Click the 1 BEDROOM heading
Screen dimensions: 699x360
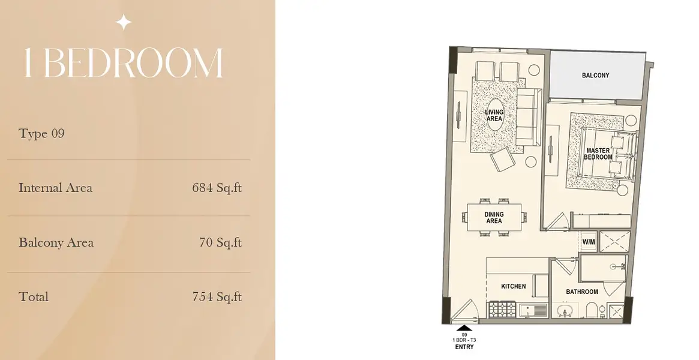124,63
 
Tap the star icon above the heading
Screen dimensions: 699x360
124,22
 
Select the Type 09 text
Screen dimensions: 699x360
41,133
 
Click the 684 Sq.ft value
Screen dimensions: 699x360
217,188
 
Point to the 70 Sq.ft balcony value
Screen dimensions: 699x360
221,242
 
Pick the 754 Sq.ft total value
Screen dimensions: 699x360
217,297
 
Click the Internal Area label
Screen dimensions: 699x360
56,188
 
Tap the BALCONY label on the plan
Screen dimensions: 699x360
596,75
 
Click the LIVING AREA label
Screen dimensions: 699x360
494,115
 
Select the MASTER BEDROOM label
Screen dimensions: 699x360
598,154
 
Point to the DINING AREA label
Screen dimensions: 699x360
494,218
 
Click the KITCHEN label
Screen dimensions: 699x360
514,286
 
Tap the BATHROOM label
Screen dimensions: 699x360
582,292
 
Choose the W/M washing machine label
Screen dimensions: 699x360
589,242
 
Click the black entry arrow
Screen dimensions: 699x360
464,328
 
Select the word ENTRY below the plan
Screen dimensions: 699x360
464,347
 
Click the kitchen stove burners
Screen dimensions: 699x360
502,309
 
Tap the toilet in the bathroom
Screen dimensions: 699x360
590,310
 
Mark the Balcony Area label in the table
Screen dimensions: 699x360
56,242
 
